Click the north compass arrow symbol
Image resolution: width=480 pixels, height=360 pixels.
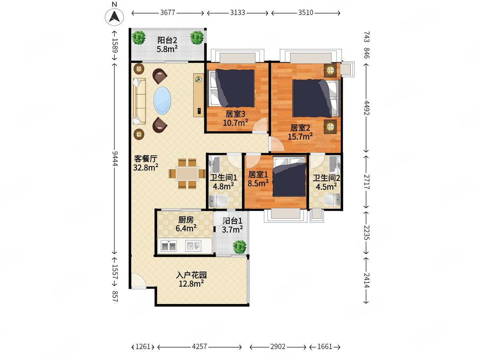point(114,17)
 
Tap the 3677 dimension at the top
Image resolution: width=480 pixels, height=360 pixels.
point(168,12)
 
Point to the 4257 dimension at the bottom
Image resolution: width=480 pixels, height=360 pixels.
point(199,346)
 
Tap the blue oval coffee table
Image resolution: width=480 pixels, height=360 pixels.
point(162,100)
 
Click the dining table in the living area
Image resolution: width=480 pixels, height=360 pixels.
point(187,174)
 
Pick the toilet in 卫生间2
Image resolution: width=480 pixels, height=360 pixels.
point(332,200)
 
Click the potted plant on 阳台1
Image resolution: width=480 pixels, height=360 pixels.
point(240,247)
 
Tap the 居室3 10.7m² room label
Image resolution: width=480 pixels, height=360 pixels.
point(235,118)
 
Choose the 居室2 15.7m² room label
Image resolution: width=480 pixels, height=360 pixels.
point(300,132)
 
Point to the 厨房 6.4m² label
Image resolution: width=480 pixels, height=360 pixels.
point(186,224)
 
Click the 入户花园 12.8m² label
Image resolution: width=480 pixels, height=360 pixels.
point(191,279)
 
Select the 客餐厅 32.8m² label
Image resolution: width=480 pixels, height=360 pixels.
point(146,163)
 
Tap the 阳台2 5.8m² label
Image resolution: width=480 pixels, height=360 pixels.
point(167,45)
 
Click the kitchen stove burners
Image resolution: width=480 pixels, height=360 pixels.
point(169,246)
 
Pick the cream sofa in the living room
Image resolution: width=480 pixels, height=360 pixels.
point(139,101)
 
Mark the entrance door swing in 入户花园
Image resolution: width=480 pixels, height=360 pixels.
point(139,280)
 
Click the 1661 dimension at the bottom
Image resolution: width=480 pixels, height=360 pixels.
point(325,346)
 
